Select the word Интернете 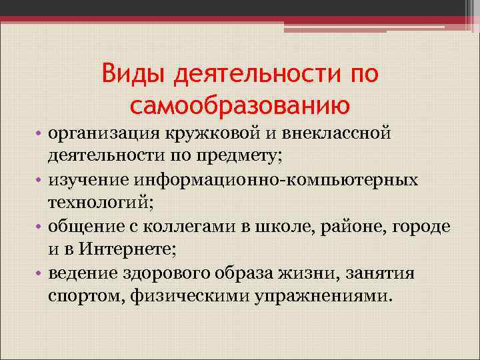point(125,249)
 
